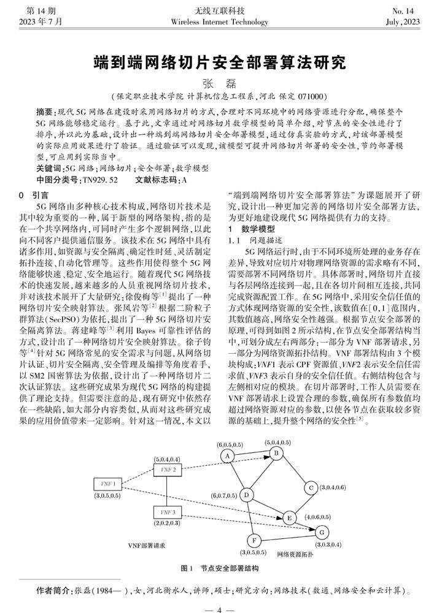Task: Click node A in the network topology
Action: pyautogui.click(x=227, y=455)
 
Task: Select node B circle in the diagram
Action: pyautogui.click(x=277, y=452)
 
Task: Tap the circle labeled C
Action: pyautogui.click(x=312, y=488)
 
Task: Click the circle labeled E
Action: pyautogui.click(x=289, y=518)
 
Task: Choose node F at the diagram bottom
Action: pyautogui.click(x=254, y=540)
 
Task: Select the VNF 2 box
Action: pyautogui.click(x=168, y=469)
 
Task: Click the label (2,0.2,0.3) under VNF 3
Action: pyautogui.click(x=166, y=524)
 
